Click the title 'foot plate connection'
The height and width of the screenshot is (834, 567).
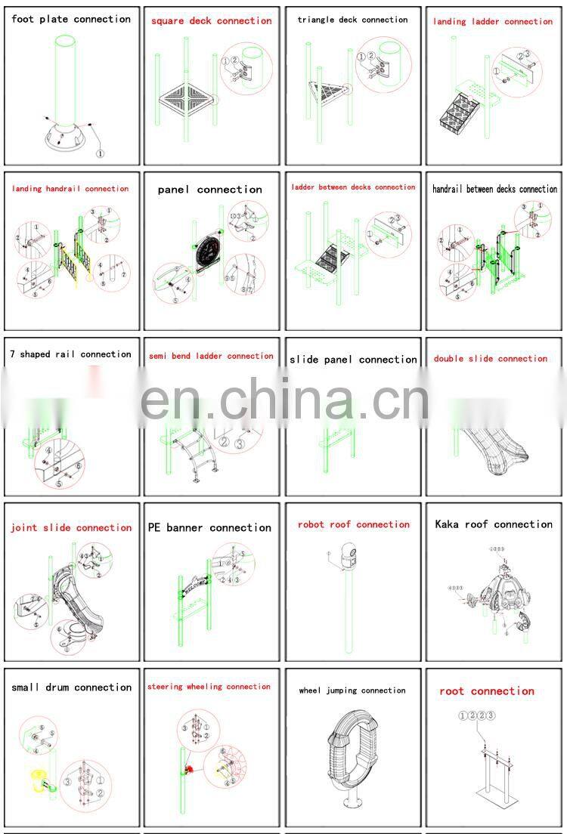pyautogui.click(x=71, y=20)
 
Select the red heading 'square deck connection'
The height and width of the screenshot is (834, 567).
pyautogui.click(x=211, y=21)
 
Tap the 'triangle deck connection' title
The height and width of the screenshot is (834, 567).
pyautogui.click(x=352, y=20)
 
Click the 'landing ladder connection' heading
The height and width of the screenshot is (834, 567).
pyautogui.click(x=493, y=22)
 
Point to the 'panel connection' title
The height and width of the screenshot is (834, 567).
pyautogui.click(x=210, y=190)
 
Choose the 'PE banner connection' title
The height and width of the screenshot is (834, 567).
pyautogui.click(x=209, y=528)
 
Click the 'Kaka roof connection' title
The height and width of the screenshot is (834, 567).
pyautogui.click(x=494, y=524)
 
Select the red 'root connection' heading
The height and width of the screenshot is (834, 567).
pyautogui.click(x=487, y=691)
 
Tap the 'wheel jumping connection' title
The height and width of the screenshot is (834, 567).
pyautogui.click(x=352, y=690)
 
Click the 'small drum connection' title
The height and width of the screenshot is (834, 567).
pyautogui.click(x=72, y=687)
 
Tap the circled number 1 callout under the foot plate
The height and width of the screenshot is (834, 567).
pyautogui.click(x=99, y=153)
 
